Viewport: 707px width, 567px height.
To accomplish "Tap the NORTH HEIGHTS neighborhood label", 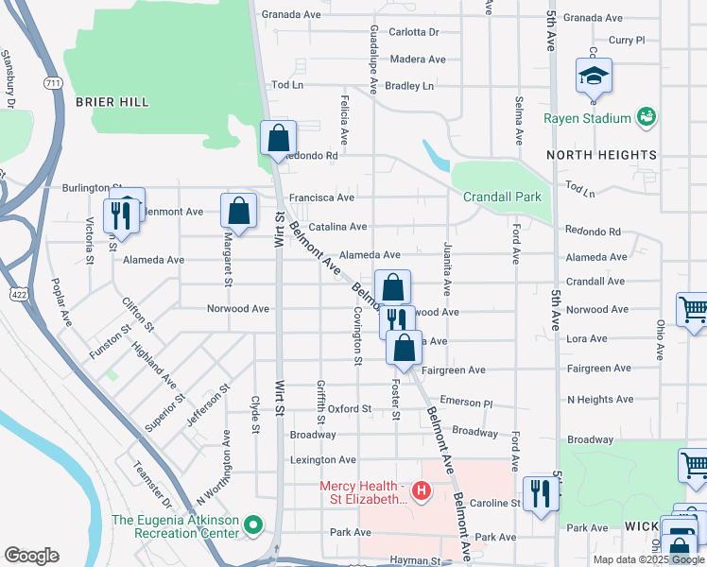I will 600,154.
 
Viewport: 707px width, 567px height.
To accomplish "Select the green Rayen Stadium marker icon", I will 646,117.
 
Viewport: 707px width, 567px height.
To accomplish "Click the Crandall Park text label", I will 502,197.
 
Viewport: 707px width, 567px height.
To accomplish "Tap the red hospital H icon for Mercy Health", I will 422,491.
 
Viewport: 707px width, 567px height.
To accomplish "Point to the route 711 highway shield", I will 53,84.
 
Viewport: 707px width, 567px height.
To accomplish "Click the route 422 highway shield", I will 16,294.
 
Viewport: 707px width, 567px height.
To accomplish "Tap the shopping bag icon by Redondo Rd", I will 279,138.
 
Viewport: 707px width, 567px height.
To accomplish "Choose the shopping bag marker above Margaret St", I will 238,211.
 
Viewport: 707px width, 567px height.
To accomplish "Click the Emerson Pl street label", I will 467,403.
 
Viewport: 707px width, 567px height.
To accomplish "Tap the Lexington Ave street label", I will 322,460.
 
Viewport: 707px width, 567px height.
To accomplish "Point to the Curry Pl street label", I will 626,41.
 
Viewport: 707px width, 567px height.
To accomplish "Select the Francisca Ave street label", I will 321,198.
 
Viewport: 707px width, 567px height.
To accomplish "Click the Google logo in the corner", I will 32,556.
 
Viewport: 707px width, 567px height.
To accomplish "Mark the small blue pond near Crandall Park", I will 436,154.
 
